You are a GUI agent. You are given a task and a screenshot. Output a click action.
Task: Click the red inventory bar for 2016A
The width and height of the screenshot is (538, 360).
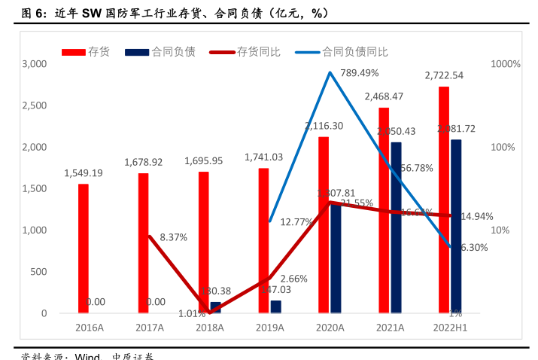[83, 249]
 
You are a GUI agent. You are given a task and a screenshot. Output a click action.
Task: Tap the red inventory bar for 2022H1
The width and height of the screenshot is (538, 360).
[444, 200]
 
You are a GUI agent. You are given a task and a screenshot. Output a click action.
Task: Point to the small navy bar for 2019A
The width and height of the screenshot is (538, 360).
[275, 307]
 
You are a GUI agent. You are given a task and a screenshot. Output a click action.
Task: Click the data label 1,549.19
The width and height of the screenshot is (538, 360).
[84, 172]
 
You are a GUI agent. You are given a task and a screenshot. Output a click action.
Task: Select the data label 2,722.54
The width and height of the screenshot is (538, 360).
[444, 75]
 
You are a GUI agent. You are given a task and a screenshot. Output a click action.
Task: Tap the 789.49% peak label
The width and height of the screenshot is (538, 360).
[359, 73]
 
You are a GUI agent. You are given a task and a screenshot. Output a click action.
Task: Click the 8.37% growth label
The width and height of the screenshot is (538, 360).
[173, 237]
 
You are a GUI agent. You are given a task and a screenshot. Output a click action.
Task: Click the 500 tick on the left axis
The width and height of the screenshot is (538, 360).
[38, 272]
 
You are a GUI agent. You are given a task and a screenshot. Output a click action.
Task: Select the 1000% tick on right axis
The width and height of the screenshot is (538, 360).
[505, 64]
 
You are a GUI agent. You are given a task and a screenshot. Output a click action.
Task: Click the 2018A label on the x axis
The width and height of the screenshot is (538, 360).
[209, 328]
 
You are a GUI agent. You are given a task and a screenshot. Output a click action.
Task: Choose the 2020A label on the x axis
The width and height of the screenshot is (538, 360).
[330, 328]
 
